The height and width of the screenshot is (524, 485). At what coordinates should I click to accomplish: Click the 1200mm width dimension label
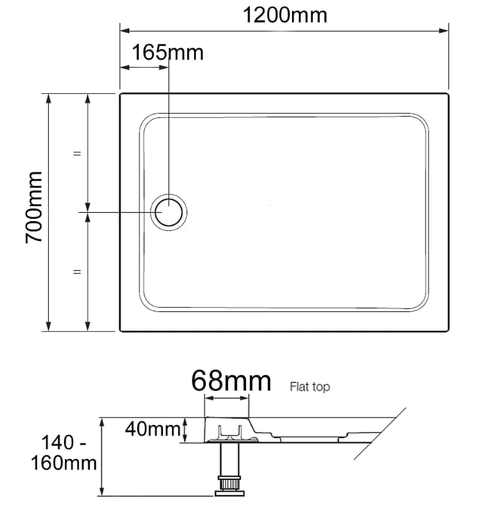pos(284,15)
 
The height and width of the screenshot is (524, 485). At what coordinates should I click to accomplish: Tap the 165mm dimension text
pos(167,52)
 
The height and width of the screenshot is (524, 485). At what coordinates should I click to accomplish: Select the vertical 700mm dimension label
pos(34,207)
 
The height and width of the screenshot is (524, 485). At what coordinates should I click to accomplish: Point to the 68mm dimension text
pos(231,381)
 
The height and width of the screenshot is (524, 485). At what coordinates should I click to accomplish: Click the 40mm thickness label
pos(153,429)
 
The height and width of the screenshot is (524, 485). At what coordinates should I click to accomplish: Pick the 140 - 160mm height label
pos(63,453)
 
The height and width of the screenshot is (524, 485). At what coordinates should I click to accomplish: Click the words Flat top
pos(310,387)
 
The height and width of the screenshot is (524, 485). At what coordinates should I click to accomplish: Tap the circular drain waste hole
pos(168,212)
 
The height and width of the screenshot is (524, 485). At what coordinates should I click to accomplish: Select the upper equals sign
pos(77,153)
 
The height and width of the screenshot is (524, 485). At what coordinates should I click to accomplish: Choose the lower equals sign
pos(77,272)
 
